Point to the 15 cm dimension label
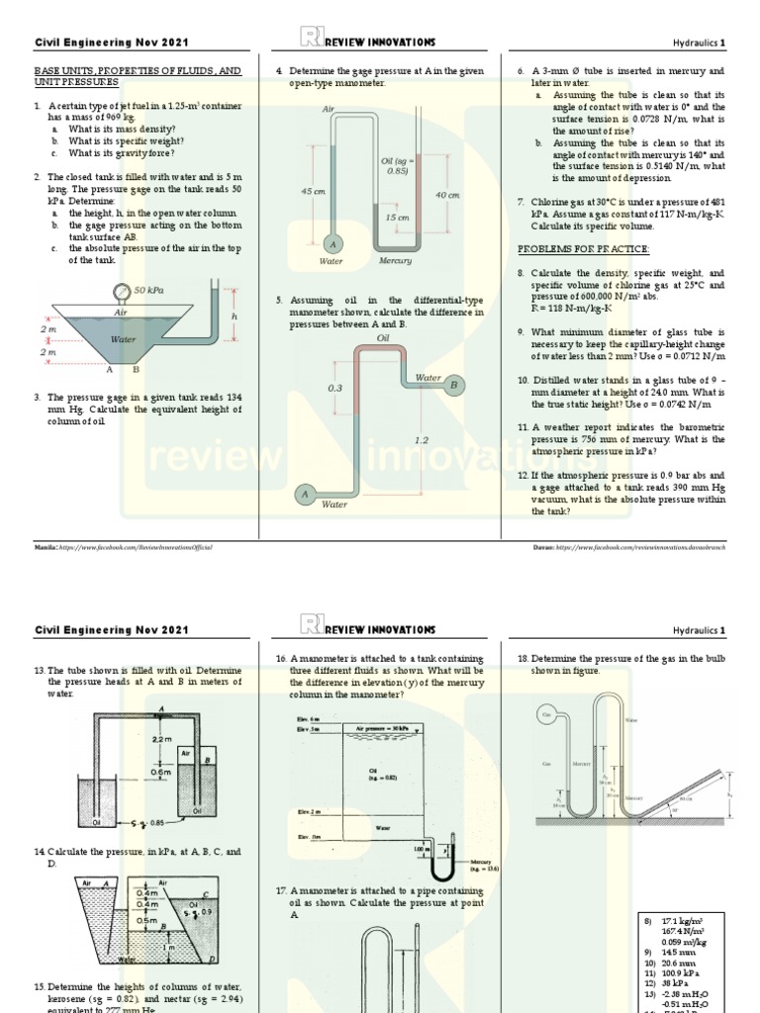click(397, 217)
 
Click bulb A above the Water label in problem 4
click(332, 243)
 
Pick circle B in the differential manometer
click(454, 384)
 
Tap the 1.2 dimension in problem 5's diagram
click(422, 440)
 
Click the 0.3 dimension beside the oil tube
click(334, 389)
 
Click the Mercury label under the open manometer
click(395, 261)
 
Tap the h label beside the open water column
click(234, 316)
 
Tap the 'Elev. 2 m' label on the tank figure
click(294, 811)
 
